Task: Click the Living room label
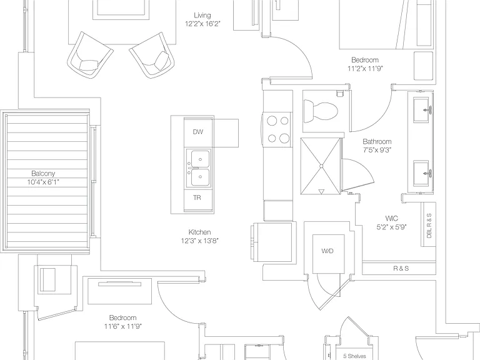(202, 15)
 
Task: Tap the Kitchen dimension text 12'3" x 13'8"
(199, 241)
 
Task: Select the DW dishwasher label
(198, 132)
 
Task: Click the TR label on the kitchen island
(197, 197)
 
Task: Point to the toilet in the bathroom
(320, 111)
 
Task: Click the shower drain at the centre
(321, 166)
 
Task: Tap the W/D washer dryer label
(327, 251)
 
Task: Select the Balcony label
(43, 174)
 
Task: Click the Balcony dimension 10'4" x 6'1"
(43, 182)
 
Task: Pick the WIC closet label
(391, 219)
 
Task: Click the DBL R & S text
(429, 226)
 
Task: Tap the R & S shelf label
(401, 269)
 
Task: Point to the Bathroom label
(377, 141)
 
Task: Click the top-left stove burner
(272, 121)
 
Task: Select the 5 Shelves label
(354, 356)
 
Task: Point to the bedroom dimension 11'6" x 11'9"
(122, 326)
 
